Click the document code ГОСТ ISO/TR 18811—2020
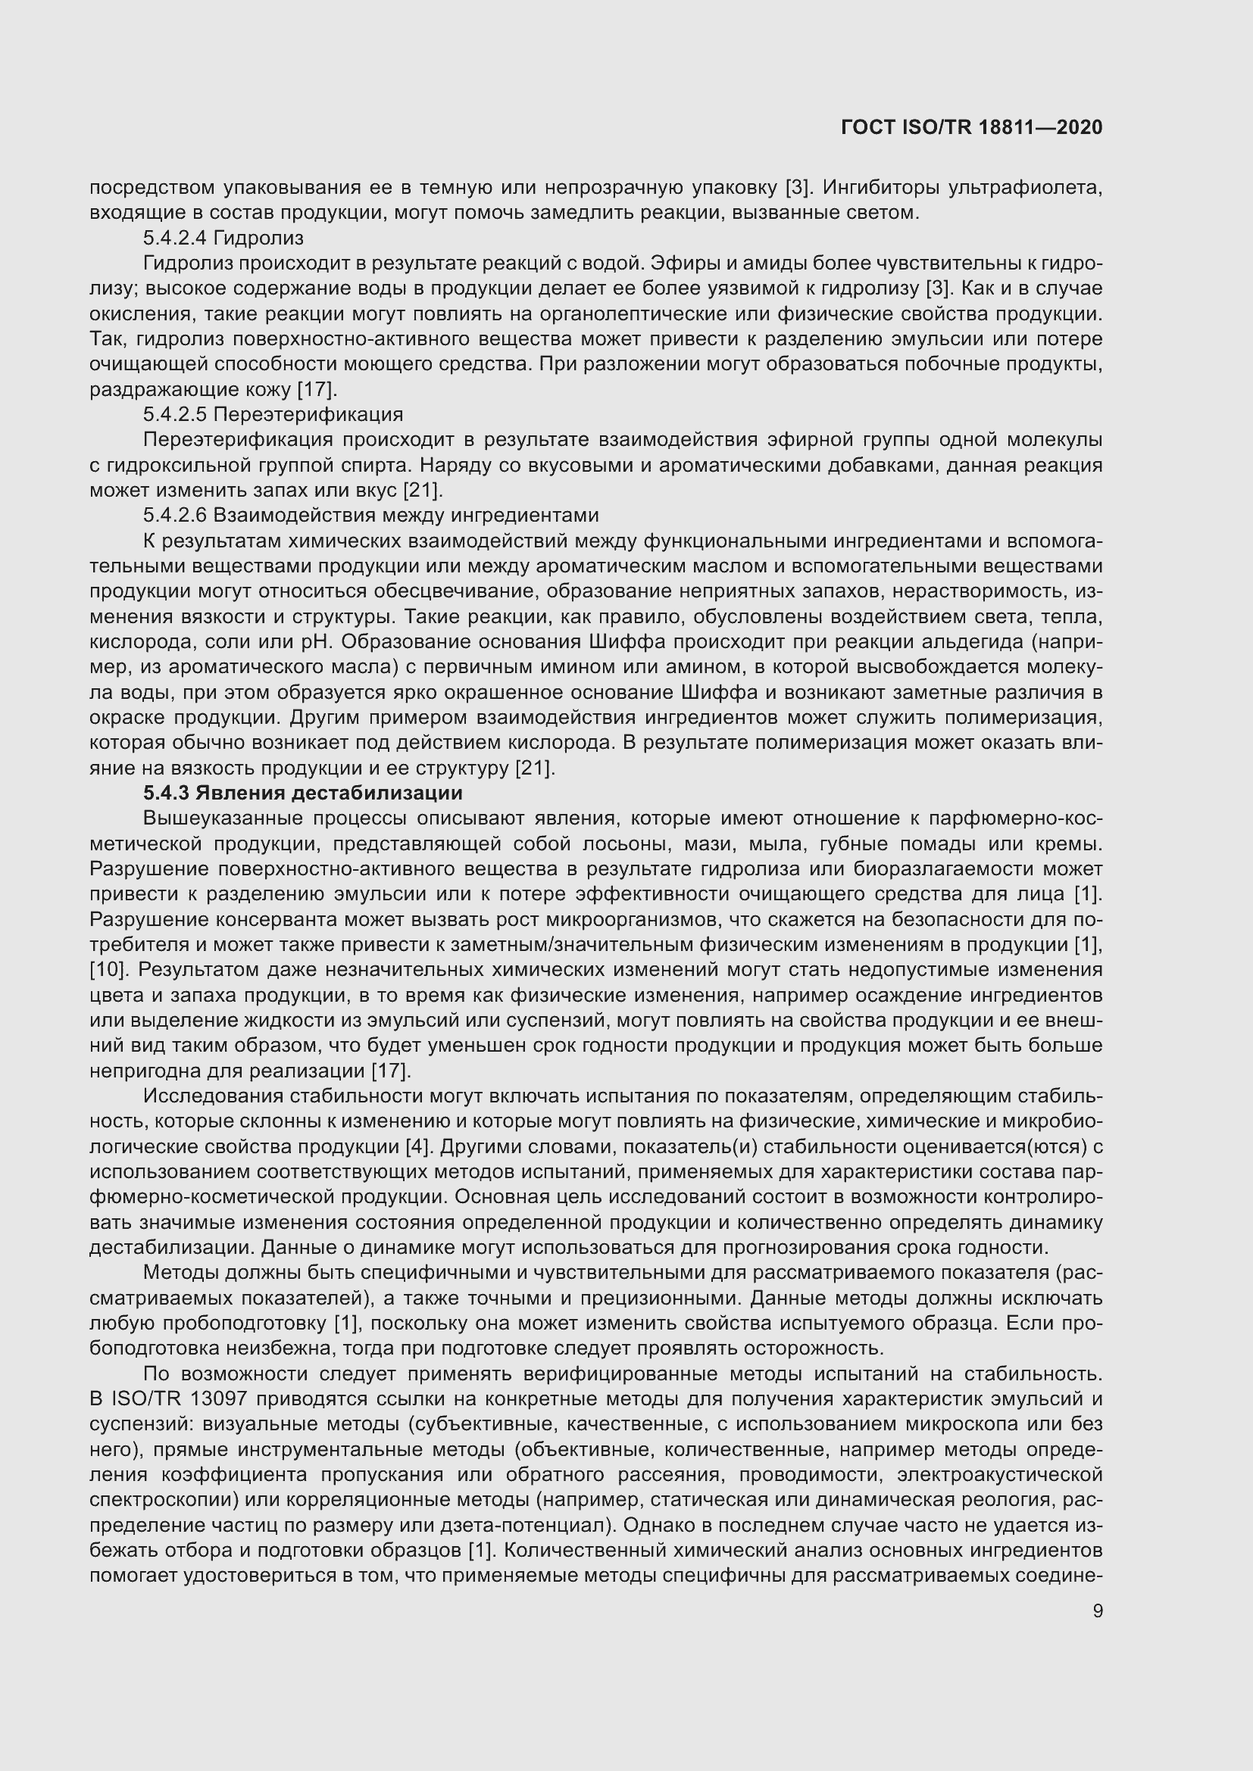971,128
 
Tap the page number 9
1097,1611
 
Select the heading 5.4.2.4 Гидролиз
223,239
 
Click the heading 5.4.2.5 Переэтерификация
273,415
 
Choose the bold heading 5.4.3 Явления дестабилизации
302,793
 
